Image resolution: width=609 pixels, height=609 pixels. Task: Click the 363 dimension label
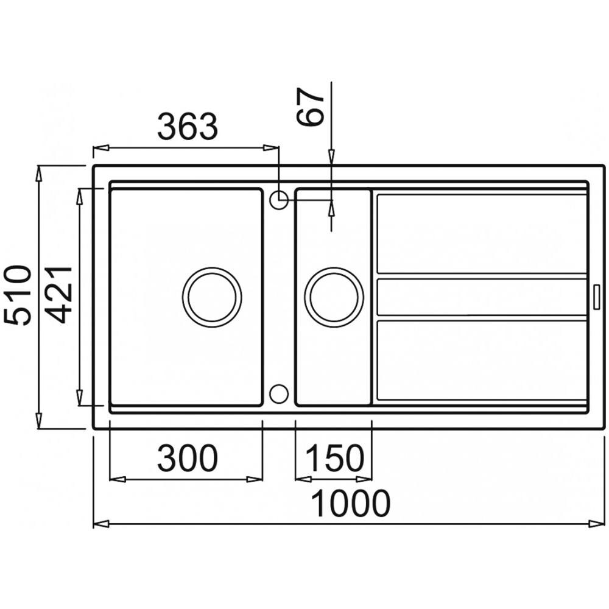coord(188,127)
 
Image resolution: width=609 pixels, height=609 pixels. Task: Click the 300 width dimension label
coord(188,458)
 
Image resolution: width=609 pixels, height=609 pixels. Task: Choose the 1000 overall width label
coord(351,504)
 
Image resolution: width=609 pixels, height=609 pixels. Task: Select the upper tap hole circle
coord(279,200)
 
